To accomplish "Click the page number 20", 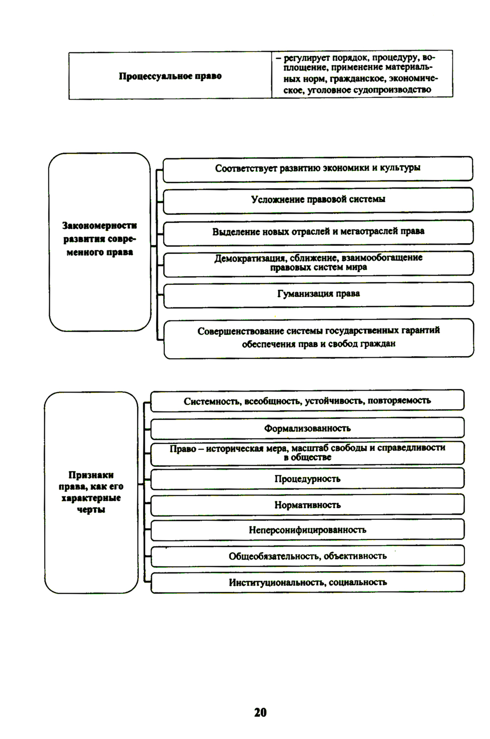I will [x=260, y=712].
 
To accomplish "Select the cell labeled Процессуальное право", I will [x=170, y=76].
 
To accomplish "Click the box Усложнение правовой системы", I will [x=318, y=199].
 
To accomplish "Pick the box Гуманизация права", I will [x=318, y=294].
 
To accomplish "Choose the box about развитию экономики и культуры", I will [x=318, y=168].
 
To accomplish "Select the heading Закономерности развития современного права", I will [x=99, y=239].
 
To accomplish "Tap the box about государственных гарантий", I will [x=318, y=337].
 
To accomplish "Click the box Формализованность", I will [x=307, y=428].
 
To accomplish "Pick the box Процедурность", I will [x=307, y=479].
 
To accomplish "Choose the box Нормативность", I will [x=307, y=505].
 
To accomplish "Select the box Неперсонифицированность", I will [x=307, y=530].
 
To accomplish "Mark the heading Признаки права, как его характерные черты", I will [x=91, y=492].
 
